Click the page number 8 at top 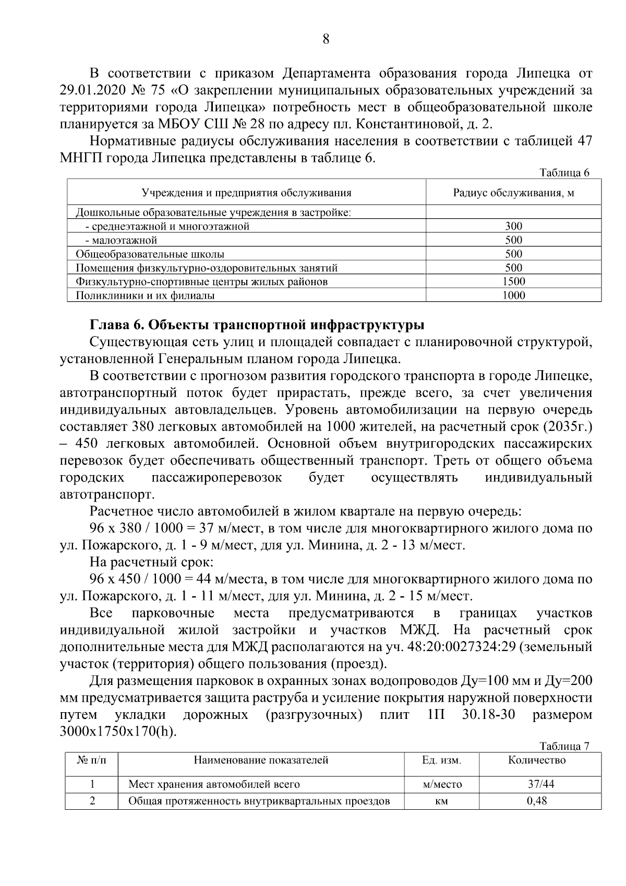tap(326, 39)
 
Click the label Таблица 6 tap(564, 173)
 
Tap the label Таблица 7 tap(564, 746)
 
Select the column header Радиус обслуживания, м tap(513, 193)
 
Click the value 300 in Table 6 tap(513, 226)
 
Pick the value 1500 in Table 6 tap(513, 281)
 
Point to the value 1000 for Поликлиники tap(513, 296)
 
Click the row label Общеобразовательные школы tap(150, 254)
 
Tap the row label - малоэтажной tap(121, 240)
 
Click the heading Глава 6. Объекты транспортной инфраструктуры tap(257, 325)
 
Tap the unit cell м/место tap(442, 784)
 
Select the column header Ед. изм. tap(441, 760)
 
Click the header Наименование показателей tap(261, 760)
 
